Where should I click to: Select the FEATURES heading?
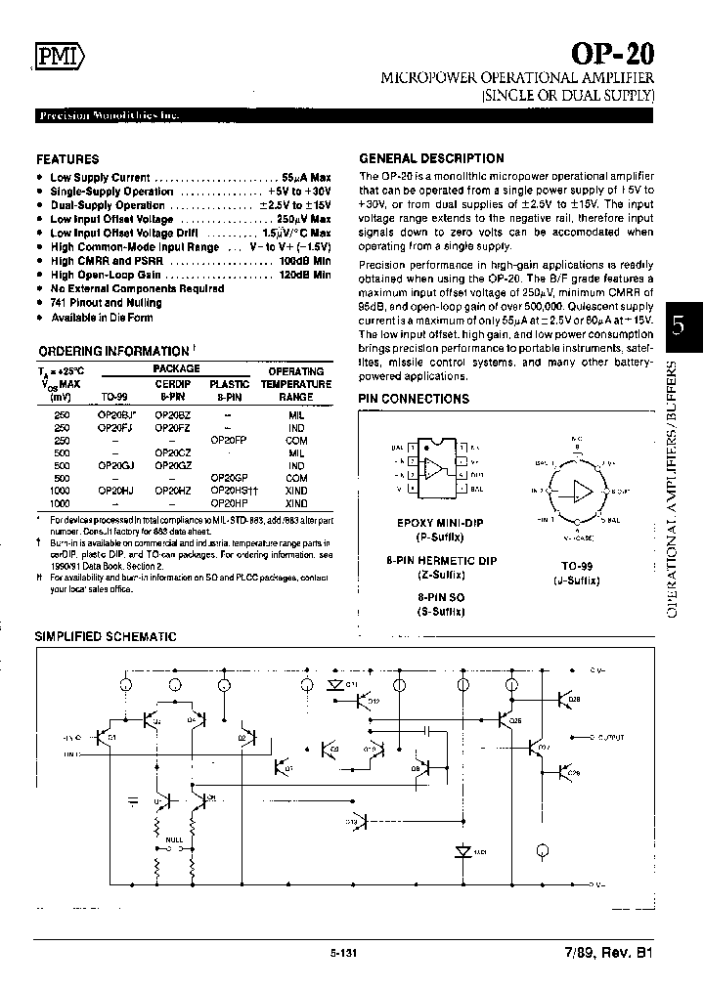[x=67, y=158]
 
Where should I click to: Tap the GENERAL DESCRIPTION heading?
[x=431, y=158]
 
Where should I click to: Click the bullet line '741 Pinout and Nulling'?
[x=106, y=303]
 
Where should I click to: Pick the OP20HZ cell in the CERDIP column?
[x=173, y=491]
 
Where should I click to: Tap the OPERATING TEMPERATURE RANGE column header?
[x=295, y=384]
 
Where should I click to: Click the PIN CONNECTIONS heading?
[x=414, y=399]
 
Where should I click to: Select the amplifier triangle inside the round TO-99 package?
[x=583, y=490]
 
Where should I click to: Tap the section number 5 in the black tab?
[x=682, y=326]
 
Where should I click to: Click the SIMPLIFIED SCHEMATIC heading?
[x=106, y=636]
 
